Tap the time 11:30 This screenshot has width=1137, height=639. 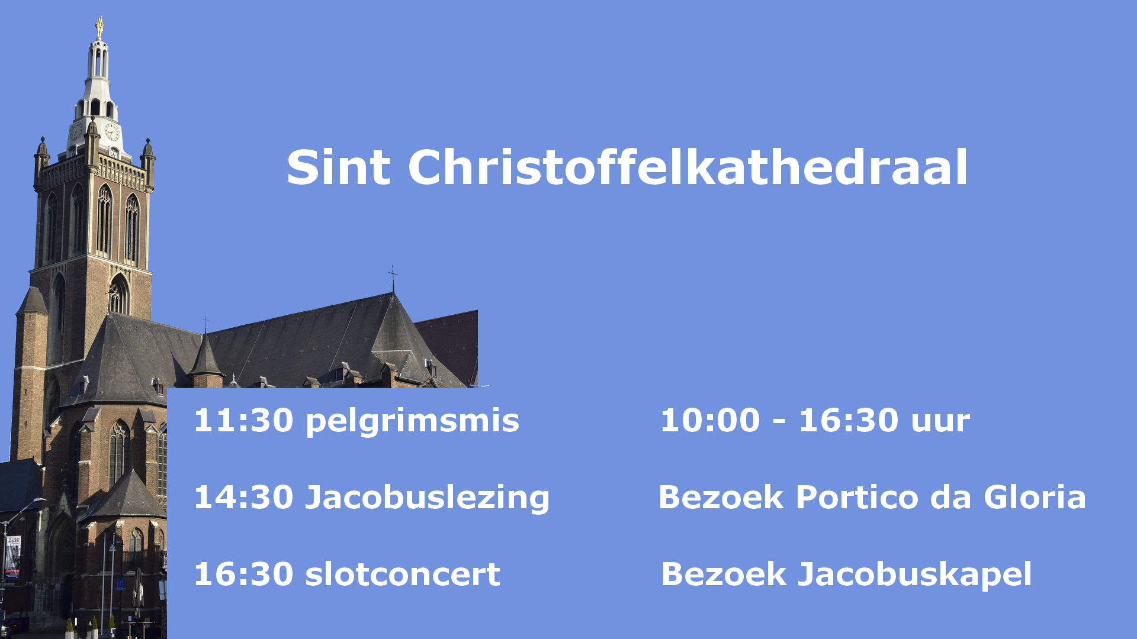pos(244,421)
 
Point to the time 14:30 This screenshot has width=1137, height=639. pos(244,497)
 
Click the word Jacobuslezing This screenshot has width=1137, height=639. pos(428,498)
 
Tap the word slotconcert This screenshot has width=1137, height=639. pos(403,574)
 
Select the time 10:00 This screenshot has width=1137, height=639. pos(710,421)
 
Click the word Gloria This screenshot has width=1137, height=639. pos(1035,497)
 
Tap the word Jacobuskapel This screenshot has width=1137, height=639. pos(915,575)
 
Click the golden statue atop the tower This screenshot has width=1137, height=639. pos(99,27)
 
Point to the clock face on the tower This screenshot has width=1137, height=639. pos(111,131)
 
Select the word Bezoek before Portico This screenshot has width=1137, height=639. pos(721,497)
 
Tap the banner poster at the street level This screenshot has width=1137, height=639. pos(13,557)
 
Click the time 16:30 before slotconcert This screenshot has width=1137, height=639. pos(244,574)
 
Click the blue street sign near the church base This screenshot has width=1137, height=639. pos(120,584)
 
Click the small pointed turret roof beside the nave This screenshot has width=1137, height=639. pos(205,356)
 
